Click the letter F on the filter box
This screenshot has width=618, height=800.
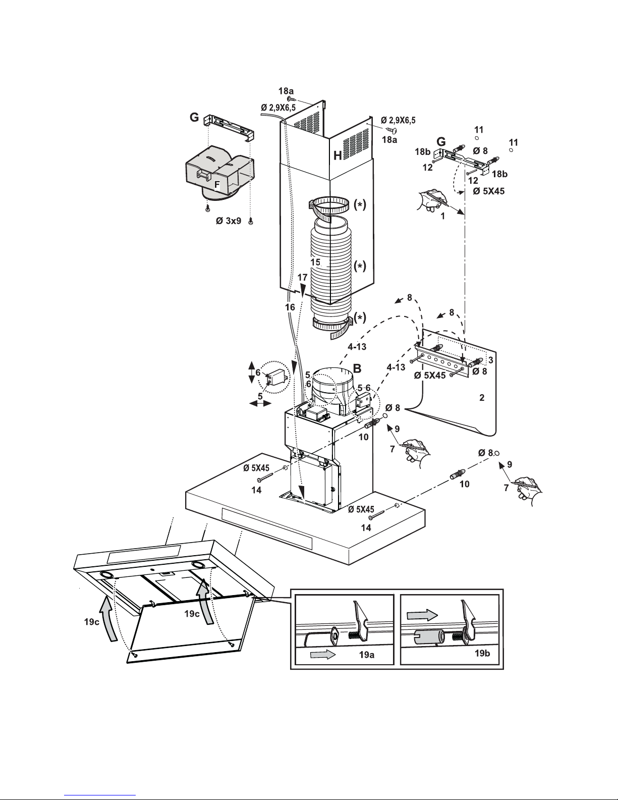tap(217, 185)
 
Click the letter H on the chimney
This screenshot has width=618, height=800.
tap(338, 156)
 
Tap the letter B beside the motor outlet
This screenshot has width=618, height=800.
tap(357, 368)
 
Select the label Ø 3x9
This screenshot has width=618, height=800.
tap(229, 221)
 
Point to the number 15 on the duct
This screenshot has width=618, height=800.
tap(315, 262)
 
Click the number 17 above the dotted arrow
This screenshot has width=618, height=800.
tap(302, 278)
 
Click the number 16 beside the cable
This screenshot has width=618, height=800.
tap(290, 307)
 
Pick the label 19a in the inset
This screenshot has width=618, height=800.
tap(366, 655)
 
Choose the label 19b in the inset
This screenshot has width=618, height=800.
tap(482, 653)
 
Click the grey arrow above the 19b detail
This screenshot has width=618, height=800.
tap(422, 615)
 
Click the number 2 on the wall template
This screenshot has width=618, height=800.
tap(482, 398)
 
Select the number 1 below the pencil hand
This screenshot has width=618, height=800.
tap(443, 216)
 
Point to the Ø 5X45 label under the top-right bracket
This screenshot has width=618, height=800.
tap(488, 191)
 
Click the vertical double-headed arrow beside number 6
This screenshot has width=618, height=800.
tap(252, 372)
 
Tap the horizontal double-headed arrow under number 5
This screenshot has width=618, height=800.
tap(260, 403)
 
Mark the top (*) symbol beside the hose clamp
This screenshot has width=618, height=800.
tap(360, 205)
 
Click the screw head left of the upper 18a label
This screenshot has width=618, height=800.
tap(290, 98)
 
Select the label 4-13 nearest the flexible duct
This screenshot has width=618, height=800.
tap(357, 347)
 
